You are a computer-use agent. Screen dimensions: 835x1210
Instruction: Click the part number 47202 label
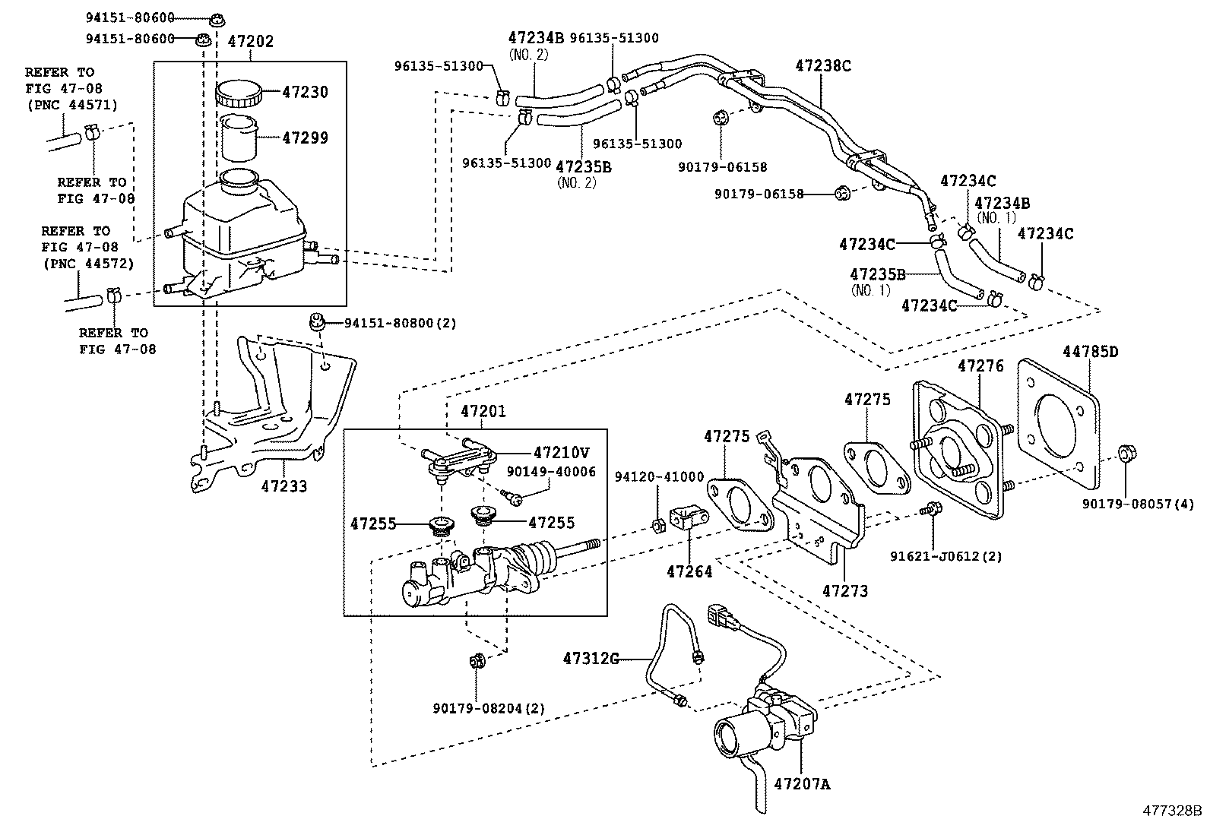(250, 42)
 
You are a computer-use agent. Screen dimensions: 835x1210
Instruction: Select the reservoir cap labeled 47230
(238, 95)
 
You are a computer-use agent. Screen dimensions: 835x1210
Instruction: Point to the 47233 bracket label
(283, 486)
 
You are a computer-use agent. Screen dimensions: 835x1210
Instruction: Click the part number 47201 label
(483, 411)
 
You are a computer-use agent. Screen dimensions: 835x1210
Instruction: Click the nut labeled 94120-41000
(659, 524)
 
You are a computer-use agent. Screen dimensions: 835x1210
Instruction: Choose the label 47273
(845, 590)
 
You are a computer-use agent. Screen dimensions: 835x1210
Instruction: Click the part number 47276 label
(980, 366)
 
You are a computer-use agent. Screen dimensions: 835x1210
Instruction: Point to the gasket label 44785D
(1091, 352)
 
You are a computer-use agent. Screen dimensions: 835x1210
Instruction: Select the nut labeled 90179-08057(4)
(1127, 455)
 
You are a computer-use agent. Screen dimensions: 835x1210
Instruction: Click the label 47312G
(591, 658)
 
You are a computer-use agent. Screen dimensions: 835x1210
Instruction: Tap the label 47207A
(802, 783)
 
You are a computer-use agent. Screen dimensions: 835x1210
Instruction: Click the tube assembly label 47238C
(823, 65)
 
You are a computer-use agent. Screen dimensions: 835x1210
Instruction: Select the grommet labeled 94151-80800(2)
(318, 323)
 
